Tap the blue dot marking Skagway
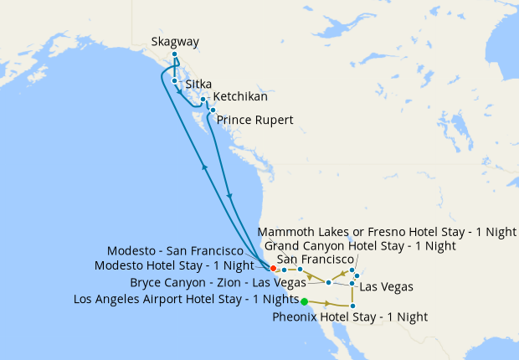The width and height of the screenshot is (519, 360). [175, 54]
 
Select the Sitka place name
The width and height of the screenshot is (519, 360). [198, 85]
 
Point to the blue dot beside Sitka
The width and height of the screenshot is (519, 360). [174, 80]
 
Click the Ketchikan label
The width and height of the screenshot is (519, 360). [242, 97]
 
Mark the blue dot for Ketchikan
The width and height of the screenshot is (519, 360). [203, 99]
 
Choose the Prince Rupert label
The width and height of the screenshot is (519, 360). [255, 121]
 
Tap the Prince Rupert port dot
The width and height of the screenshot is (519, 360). [213, 110]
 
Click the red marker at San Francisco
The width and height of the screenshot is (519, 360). [273, 268]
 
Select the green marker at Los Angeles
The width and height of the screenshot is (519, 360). [304, 301]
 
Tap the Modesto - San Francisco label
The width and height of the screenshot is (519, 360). [175, 250]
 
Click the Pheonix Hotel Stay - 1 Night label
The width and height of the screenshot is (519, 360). [350, 317]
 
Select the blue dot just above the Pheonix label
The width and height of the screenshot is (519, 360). [352, 306]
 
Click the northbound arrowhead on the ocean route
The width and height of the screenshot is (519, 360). [203, 167]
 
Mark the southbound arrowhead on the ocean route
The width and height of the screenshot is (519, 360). [230, 197]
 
